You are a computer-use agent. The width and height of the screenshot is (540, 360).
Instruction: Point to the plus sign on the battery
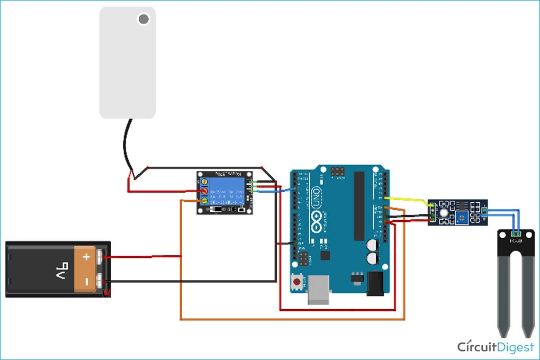click(x=86, y=257)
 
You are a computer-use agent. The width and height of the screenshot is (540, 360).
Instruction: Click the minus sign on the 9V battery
click(x=86, y=281)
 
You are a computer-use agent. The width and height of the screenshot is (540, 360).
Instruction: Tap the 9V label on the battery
click(x=62, y=269)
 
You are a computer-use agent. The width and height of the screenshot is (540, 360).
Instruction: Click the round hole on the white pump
click(x=143, y=20)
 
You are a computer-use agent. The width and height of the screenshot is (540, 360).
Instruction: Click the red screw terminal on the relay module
click(x=204, y=192)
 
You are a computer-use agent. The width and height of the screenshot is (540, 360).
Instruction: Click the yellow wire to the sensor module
click(x=408, y=200)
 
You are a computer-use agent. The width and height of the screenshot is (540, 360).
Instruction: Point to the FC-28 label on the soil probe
click(x=515, y=241)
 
